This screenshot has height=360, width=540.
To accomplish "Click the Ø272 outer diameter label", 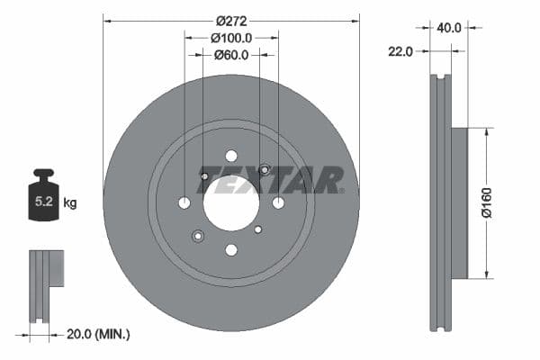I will pyautogui.click(x=231, y=20).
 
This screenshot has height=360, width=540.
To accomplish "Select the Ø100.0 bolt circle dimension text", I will pyautogui.click(x=231, y=38).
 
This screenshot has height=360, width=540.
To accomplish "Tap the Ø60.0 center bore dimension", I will pyautogui.click(x=231, y=56).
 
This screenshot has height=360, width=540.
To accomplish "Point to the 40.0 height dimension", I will pyautogui.click(x=449, y=27).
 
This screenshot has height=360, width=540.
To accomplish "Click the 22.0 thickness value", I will pyautogui.click(x=400, y=51).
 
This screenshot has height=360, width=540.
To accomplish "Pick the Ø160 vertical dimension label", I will pyautogui.click(x=486, y=203).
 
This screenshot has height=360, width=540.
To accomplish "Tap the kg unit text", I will pyautogui.click(x=70, y=202).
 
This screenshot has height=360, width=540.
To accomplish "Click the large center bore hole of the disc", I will pyautogui.click(x=231, y=202).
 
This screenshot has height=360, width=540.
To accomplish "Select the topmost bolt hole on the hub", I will pyautogui.click(x=231, y=155).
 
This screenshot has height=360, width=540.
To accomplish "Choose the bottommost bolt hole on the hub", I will pyautogui.click(x=231, y=250).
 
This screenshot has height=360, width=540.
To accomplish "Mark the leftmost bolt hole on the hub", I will pyautogui.click(x=184, y=202).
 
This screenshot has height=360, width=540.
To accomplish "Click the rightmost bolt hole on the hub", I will pyautogui.click(x=278, y=202).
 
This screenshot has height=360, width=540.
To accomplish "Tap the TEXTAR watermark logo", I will pyautogui.click(x=270, y=180).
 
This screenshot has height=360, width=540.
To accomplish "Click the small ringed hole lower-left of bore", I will pyautogui.click(x=198, y=236).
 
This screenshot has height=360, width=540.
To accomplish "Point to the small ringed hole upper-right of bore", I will pyautogui.click(x=264, y=169).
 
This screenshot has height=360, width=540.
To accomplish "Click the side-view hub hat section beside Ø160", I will pyautogui.click(x=459, y=203).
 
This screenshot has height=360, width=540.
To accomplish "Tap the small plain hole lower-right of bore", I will pyautogui.click(x=258, y=229).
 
